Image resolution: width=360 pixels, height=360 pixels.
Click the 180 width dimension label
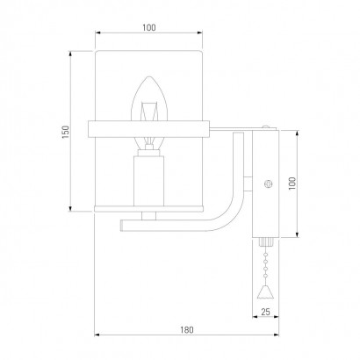point(187,330)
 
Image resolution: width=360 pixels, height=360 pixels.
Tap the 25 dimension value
point(265,312)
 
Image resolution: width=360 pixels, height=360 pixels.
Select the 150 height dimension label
point(66,132)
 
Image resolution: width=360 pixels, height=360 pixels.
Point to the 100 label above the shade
point(149,28)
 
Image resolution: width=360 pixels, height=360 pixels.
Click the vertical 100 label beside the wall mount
point(292,184)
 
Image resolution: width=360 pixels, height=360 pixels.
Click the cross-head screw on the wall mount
point(268,184)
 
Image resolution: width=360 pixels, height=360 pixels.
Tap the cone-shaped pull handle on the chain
point(265,292)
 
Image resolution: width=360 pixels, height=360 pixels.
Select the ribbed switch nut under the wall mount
point(266,242)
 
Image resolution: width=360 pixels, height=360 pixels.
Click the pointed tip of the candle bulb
point(149,77)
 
